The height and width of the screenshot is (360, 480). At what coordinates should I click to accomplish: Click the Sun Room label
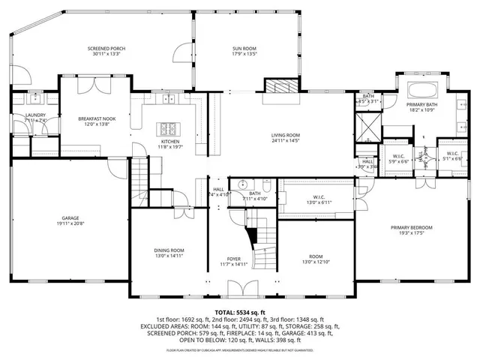(x=244, y=49)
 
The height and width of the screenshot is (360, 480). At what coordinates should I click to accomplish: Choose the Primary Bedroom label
(x=410, y=227)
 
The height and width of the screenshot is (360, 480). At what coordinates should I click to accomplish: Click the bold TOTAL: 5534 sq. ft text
(x=240, y=312)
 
